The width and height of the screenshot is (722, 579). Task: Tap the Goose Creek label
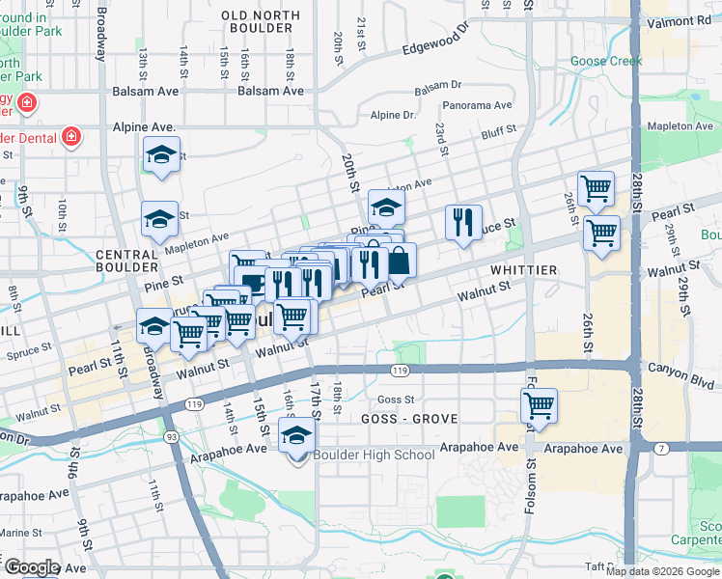coord(606,61)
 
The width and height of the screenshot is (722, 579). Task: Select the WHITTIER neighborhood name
coord(523,270)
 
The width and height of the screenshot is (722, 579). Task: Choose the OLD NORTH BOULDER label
coord(257,21)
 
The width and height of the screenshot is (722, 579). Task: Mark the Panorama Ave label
coord(477,105)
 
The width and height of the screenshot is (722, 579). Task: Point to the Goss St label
coord(395,400)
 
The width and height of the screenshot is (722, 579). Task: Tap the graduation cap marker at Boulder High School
coord(297,436)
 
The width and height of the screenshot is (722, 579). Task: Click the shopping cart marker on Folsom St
coord(539,405)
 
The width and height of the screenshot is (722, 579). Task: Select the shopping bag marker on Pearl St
coord(399,261)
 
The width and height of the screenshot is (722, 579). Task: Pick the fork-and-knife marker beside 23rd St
coord(464,223)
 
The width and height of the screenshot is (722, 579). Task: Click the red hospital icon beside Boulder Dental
coord(70,137)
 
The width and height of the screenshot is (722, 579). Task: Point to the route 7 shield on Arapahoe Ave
coord(660,449)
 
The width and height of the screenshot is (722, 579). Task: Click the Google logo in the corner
coord(31,567)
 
